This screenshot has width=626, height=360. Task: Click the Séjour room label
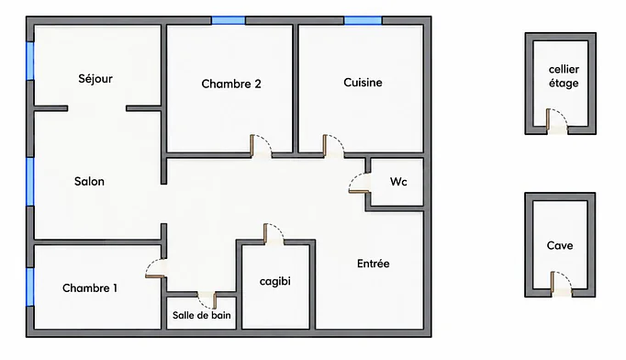95,79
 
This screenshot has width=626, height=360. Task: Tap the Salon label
89,182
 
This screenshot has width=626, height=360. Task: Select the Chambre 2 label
231,84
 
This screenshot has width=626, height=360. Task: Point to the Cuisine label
363,83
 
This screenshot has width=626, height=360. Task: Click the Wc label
398,182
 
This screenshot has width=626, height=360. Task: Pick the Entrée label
374,264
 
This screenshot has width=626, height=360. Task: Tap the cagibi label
275,281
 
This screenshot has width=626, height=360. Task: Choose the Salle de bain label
202,315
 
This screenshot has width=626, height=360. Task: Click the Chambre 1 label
90,288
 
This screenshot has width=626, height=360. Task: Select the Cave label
560,245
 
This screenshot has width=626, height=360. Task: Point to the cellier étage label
564,76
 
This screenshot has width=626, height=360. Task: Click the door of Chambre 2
261,146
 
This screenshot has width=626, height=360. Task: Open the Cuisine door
334,146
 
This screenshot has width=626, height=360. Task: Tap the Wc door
360,183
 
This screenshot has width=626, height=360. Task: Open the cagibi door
274,234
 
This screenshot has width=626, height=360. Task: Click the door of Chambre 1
156,268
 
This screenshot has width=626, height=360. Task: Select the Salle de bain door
207,299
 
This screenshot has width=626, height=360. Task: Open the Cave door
561,283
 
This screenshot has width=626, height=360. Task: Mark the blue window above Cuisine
363,20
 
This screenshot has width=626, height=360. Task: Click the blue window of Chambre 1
30,287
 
